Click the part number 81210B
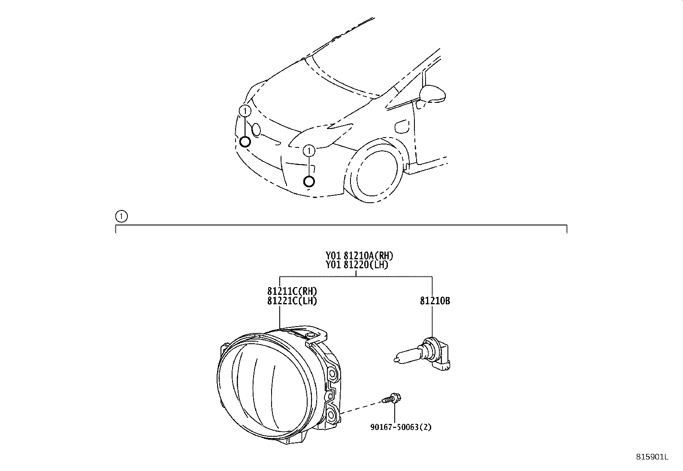pyautogui.click(x=435, y=301)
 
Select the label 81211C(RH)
pyautogui.click(x=292, y=291)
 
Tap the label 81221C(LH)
pyautogui.click(x=292, y=301)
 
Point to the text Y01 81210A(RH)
pyautogui.click(x=359, y=255)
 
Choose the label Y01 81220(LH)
pyautogui.click(x=357, y=265)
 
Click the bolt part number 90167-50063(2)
pyautogui.click(x=401, y=427)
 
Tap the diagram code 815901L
pyautogui.click(x=652, y=457)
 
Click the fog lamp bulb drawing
pyautogui.click(x=422, y=354)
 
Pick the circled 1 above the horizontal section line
pyautogui.click(x=121, y=216)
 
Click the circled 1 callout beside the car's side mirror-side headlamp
pyautogui.click(x=309, y=150)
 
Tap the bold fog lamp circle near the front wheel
pyautogui.click(x=309, y=182)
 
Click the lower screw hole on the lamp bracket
pyautogui.click(x=332, y=414)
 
